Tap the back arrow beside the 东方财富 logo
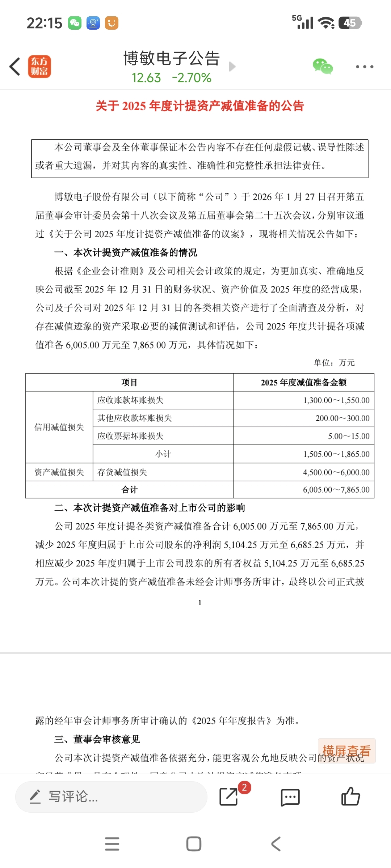coord(15,67)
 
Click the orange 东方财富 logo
coord(39,67)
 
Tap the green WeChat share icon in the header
coord(323,67)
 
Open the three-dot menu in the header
coord(364,67)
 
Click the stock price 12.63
coord(146,78)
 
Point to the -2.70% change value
coord(192,78)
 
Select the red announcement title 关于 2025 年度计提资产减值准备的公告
coord(199,106)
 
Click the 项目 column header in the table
coord(129,382)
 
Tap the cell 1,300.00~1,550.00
coord(336,400)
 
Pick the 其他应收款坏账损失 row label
coord(135,418)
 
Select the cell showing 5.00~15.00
coord(349,436)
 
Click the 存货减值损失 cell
coord(122,472)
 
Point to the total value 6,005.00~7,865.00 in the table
coord(336,490)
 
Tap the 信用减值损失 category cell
coord(59,427)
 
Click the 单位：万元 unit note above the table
coord(334,362)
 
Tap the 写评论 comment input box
coord(111,796)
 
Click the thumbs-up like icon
coord(350,796)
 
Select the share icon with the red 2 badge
coord(229,796)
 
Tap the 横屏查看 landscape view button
coord(346,751)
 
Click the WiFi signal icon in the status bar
coord(326,23)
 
